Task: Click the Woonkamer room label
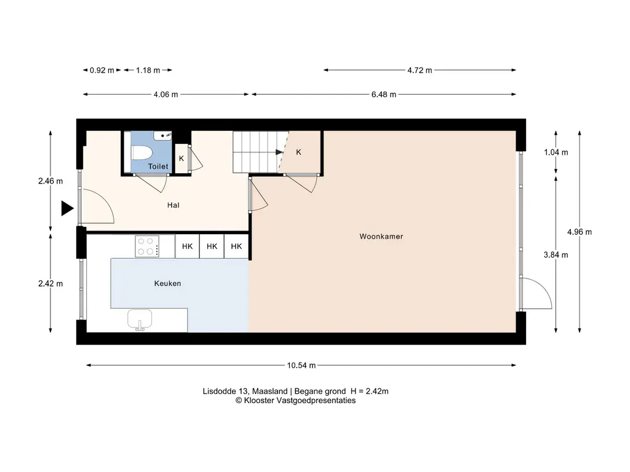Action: pos(381,237)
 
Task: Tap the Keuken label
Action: pos(167,283)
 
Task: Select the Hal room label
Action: pos(173,205)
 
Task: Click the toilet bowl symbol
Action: pos(142,152)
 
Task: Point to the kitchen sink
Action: pos(140,320)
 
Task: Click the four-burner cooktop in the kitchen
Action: pos(147,246)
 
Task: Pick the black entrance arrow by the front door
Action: pos(67,208)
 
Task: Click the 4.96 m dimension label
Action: pos(580,232)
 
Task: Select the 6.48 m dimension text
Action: pos(384,94)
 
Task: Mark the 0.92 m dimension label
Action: pos(102,70)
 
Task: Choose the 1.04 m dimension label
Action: pos(556,152)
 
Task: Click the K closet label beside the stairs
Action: pos(298,152)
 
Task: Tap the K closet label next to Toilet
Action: pos(181,159)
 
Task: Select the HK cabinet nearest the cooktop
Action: pos(187,246)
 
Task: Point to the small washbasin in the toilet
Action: pos(162,136)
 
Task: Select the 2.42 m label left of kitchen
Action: pos(50,283)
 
